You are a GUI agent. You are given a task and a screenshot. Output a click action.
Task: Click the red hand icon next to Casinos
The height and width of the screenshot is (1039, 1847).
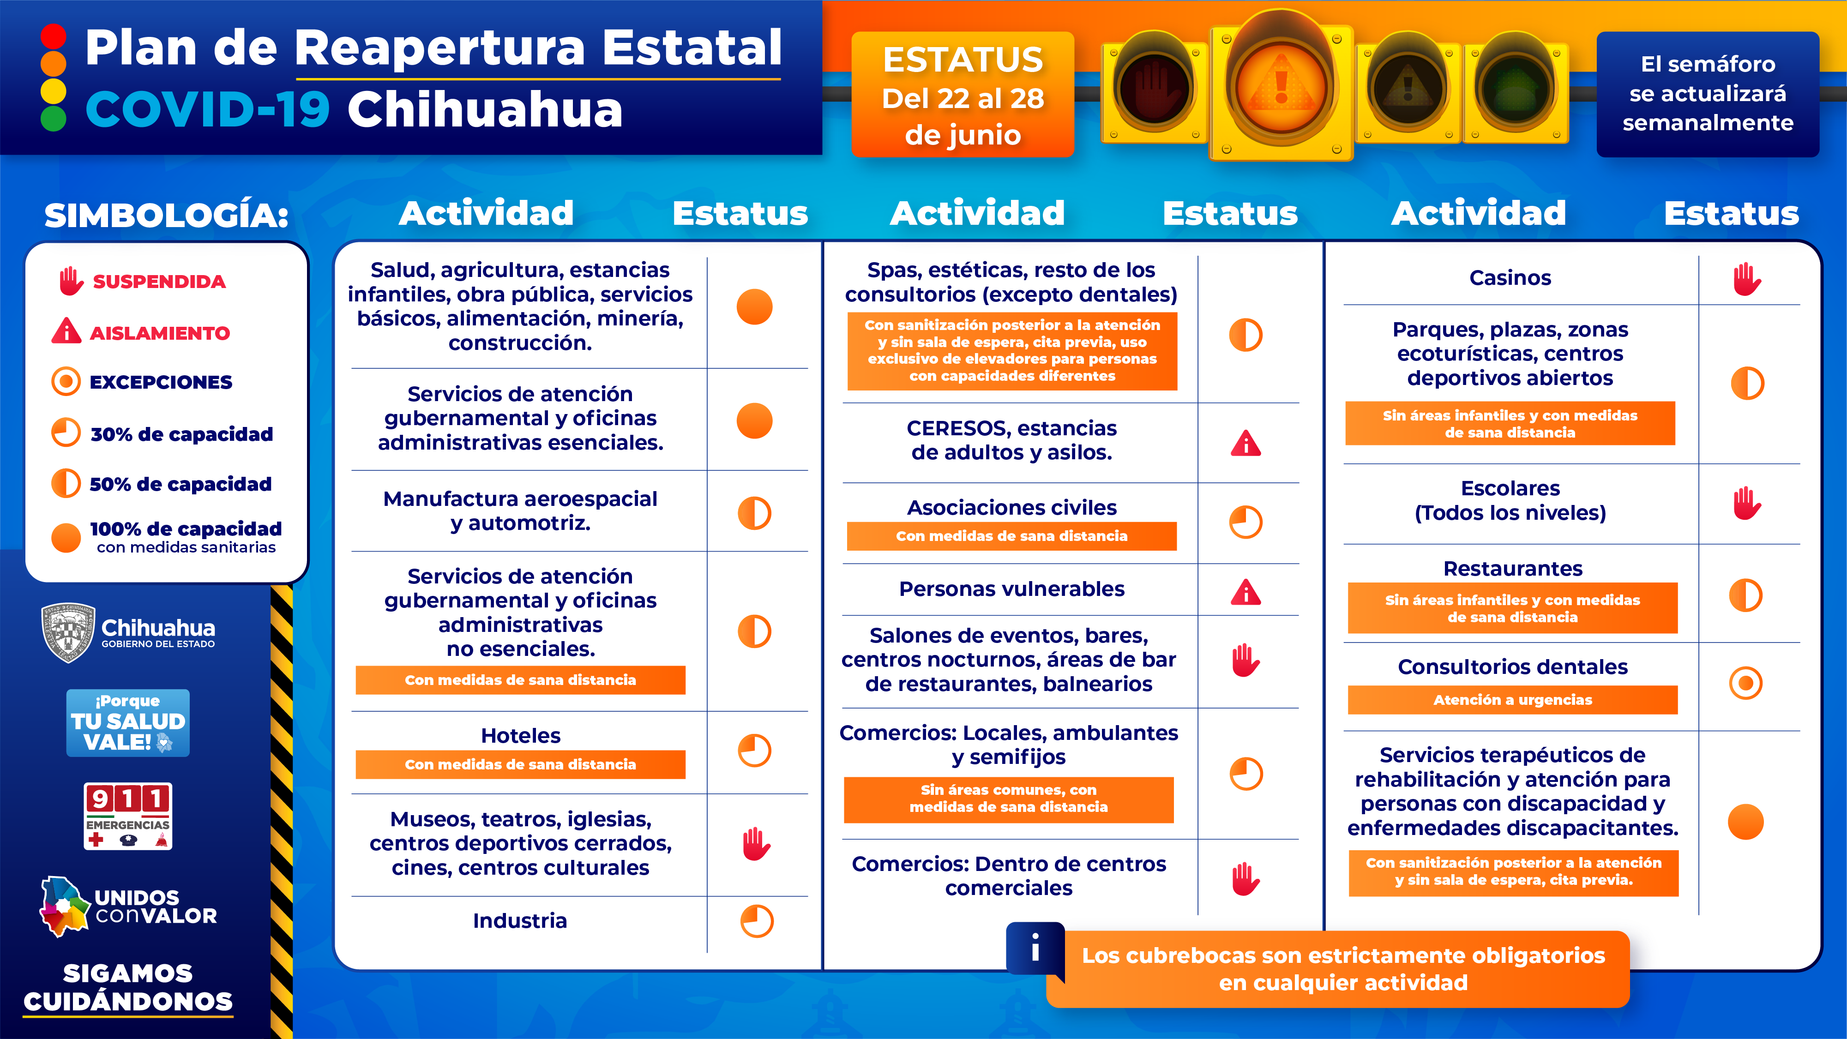(x=1747, y=279)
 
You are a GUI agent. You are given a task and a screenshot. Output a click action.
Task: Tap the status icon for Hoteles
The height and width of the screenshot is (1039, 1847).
(x=754, y=751)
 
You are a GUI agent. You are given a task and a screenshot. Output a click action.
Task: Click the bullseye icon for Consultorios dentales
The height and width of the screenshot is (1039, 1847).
(x=1746, y=683)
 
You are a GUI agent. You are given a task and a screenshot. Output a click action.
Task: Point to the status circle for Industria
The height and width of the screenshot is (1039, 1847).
(x=757, y=921)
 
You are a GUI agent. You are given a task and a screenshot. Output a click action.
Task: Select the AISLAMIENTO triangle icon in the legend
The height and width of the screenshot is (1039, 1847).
(x=66, y=331)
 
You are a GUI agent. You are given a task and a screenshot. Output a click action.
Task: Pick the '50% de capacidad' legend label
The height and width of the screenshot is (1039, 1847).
(x=180, y=484)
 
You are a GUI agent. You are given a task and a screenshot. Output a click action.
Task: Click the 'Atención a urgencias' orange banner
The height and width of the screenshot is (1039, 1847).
(x=1512, y=700)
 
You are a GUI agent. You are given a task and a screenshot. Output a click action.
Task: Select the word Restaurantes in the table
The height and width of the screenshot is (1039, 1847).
(x=1512, y=569)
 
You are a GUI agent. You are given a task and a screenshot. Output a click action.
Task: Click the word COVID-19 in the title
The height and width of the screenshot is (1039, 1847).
(x=207, y=110)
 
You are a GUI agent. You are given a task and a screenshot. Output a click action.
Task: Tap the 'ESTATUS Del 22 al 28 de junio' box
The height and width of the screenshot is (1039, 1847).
(x=962, y=95)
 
